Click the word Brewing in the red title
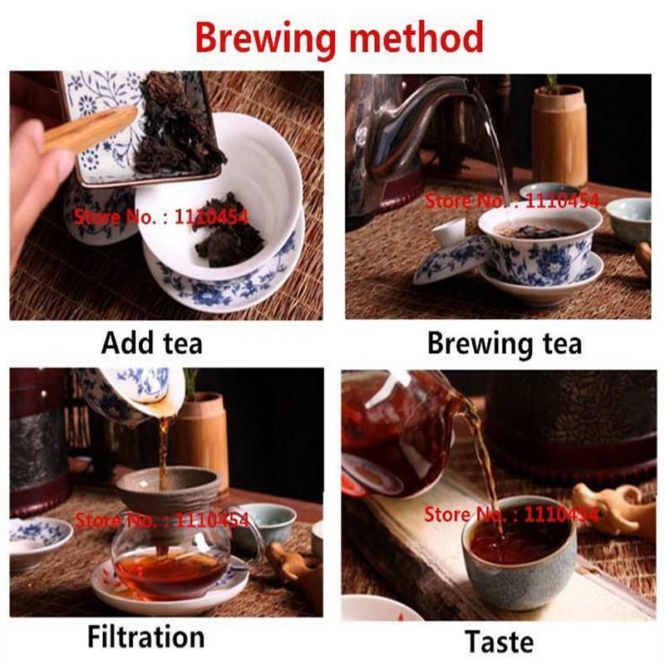click(x=261, y=37)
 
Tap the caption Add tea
click(x=151, y=342)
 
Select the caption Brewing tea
click(x=504, y=343)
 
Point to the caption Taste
click(x=499, y=641)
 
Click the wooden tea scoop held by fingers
click(x=87, y=129)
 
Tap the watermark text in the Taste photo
click(x=510, y=515)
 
